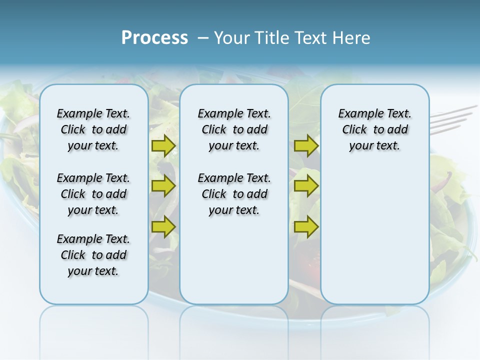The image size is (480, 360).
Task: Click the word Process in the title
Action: (154, 38)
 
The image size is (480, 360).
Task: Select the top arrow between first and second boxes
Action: (163, 146)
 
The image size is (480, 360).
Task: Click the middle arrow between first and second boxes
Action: (163, 186)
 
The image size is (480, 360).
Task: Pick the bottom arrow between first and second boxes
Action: (163, 226)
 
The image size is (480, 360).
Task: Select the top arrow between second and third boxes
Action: (306, 146)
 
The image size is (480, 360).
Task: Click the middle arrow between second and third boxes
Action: (306, 186)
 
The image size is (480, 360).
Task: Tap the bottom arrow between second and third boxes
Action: (306, 226)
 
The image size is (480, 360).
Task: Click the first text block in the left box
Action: (93, 129)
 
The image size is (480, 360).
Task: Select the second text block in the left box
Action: (93, 194)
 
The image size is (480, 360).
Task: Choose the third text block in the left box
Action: (93, 255)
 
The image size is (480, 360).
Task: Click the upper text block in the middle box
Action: (234, 129)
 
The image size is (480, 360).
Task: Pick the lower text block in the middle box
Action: (234, 194)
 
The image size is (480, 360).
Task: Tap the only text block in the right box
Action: (374, 129)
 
